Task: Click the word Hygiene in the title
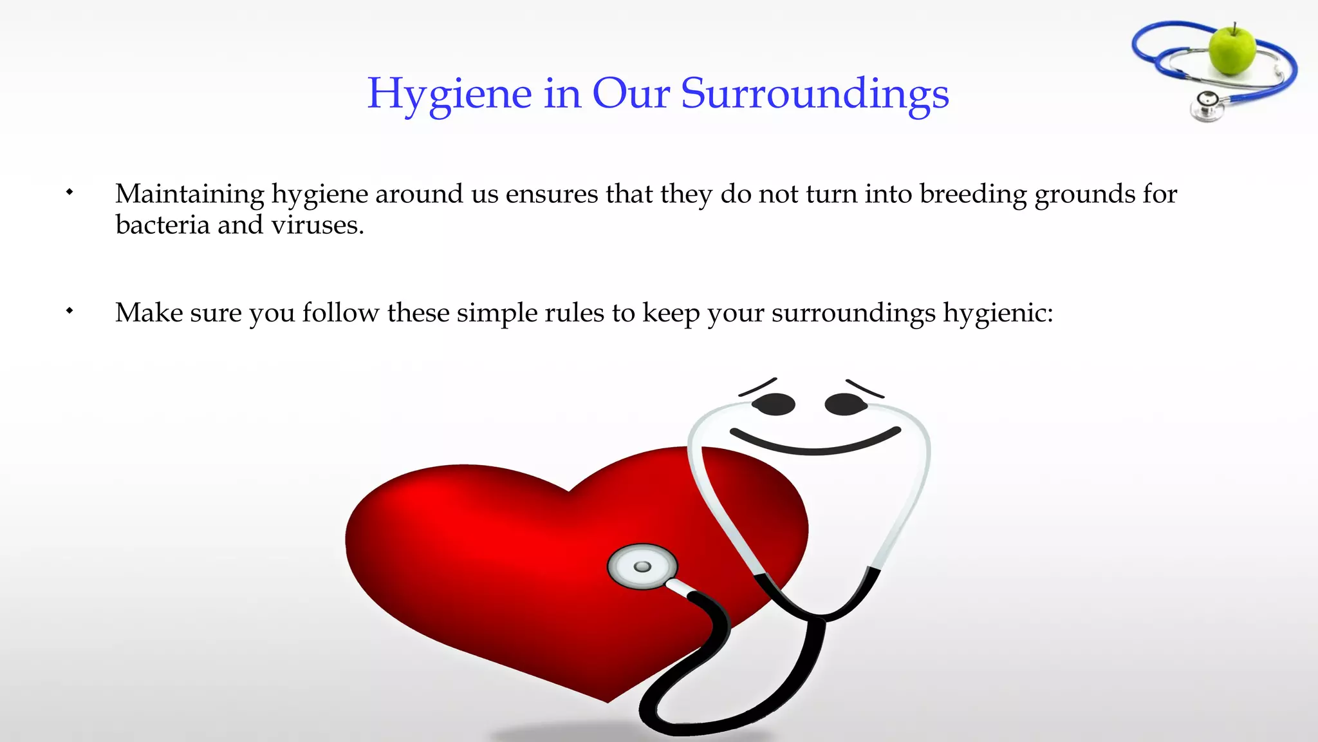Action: (449, 94)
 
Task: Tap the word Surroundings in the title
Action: (815, 94)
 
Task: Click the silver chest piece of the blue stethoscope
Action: (1207, 106)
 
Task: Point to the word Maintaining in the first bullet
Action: (190, 194)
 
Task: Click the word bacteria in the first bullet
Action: (163, 225)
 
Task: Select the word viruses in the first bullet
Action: (317, 225)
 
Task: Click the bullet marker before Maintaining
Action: (70, 192)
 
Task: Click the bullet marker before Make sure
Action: (70, 311)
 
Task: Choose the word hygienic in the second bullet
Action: (998, 314)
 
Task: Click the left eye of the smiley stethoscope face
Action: (774, 404)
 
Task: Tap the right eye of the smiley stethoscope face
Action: (846, 404)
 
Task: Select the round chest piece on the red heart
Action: (642, 566)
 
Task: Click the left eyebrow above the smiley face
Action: (758, 386)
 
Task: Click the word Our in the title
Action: (631, 94)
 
